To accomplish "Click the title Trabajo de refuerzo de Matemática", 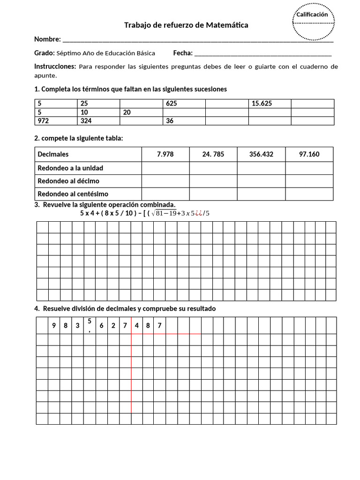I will [186, 25].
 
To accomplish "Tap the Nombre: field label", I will [47, 39].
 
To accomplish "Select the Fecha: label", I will [183, 53].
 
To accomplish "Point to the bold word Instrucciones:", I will [55, 67].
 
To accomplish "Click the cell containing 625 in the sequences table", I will [172, 104].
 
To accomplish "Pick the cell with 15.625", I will [262, 104].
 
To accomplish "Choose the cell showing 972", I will [43, 121].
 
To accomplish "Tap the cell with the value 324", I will [86, 121].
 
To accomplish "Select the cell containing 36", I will [170, 121].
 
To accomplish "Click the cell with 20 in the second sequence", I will [127, 112].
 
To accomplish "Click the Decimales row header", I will [53, 154].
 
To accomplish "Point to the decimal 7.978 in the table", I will [165, 154].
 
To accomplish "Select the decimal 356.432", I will [261, 154].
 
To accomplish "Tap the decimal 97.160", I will [309, 154].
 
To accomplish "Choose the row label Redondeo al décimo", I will [68, 181].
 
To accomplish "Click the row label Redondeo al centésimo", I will [73, 194].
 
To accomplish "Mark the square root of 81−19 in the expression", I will [165, 213].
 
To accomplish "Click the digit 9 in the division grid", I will [54, 325].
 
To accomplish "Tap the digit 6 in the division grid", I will [101, 325].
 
